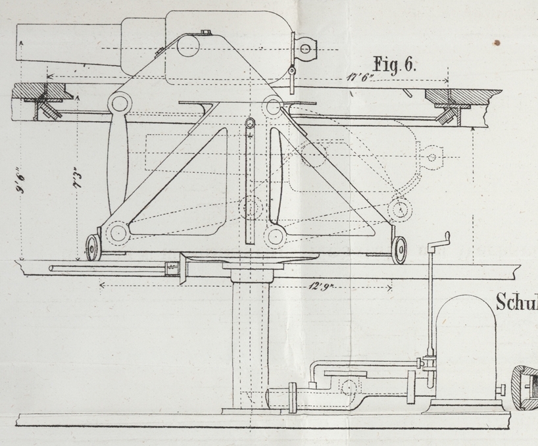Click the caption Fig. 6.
point(396,64)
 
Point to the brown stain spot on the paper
point(497,43)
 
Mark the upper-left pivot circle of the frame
point(119,103)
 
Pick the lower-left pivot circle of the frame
point(118,232)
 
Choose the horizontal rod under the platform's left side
point(105,268)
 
